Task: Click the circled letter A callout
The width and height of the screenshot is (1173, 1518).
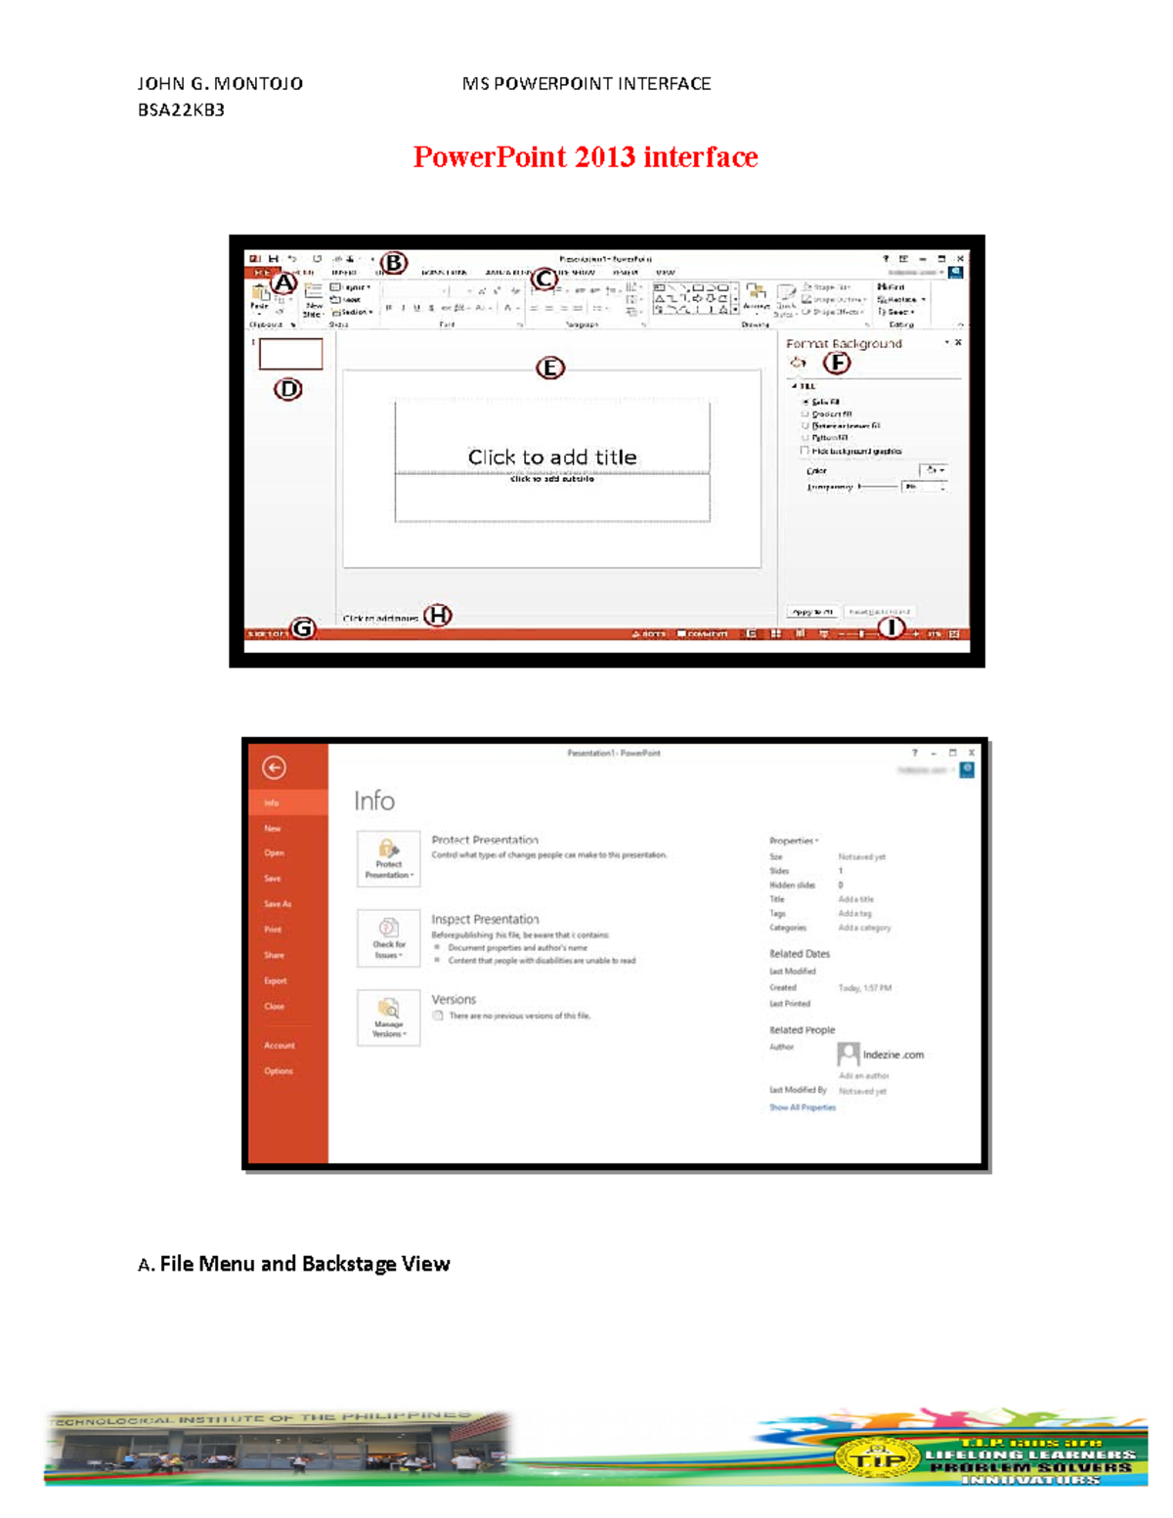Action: [x=283, y=283]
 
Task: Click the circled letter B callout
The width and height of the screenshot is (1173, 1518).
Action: [x=393, y=263]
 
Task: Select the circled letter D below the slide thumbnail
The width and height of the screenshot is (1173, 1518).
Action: [x=287, y=389]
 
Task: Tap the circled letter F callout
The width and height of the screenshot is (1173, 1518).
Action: [x=837, y=363]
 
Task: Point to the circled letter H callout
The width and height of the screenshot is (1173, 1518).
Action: [x=437, y=615]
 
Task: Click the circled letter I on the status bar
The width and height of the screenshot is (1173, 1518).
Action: [x=891, y=628]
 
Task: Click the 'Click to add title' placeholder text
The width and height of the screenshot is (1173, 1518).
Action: [x=552, y=456]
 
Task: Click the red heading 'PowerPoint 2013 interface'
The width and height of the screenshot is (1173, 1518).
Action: [x=585, y=157]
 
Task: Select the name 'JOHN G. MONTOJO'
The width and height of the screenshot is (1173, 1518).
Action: [x=220, y=84]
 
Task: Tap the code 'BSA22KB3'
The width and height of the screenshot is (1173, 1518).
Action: [x=181, y=110]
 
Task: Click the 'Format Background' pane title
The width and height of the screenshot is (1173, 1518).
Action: [x=844, y=344]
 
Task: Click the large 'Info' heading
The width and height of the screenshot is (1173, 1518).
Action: [x=374, y=802]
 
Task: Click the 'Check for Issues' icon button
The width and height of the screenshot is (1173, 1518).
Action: [x=389, y=938]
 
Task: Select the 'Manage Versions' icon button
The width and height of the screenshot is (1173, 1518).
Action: [x=389, y=1018]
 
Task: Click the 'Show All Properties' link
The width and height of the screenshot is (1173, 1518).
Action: [x=803, y=1107]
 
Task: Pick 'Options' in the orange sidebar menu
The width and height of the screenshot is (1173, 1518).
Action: [x=279, y=1071]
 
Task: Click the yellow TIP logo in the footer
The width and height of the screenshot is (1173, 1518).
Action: [x=877, y=1460]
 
